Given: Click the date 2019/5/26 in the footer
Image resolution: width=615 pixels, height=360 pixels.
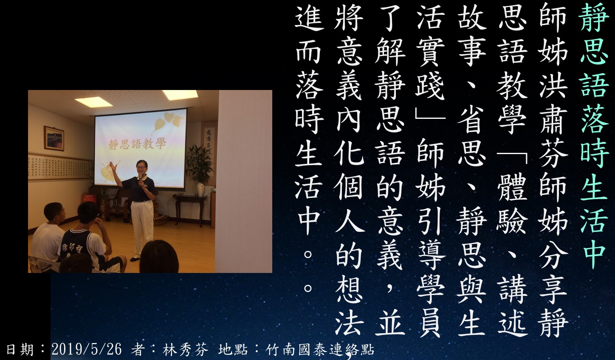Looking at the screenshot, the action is [86, 349].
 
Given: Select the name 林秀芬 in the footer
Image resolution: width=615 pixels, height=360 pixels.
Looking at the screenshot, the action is [185, 349].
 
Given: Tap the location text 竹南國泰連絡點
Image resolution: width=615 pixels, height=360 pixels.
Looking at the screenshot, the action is [320, 349].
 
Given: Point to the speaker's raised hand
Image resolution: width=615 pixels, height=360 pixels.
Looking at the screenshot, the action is [113, 166].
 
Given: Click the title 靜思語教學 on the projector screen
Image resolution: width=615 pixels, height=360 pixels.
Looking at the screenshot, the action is [137, 143].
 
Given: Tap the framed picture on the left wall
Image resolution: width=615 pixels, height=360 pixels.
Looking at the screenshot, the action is [54, 138].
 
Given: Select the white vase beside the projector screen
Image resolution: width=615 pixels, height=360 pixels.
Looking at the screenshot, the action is [201, 189].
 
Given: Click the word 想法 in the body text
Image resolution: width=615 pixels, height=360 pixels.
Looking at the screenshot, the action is [349, 307].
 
